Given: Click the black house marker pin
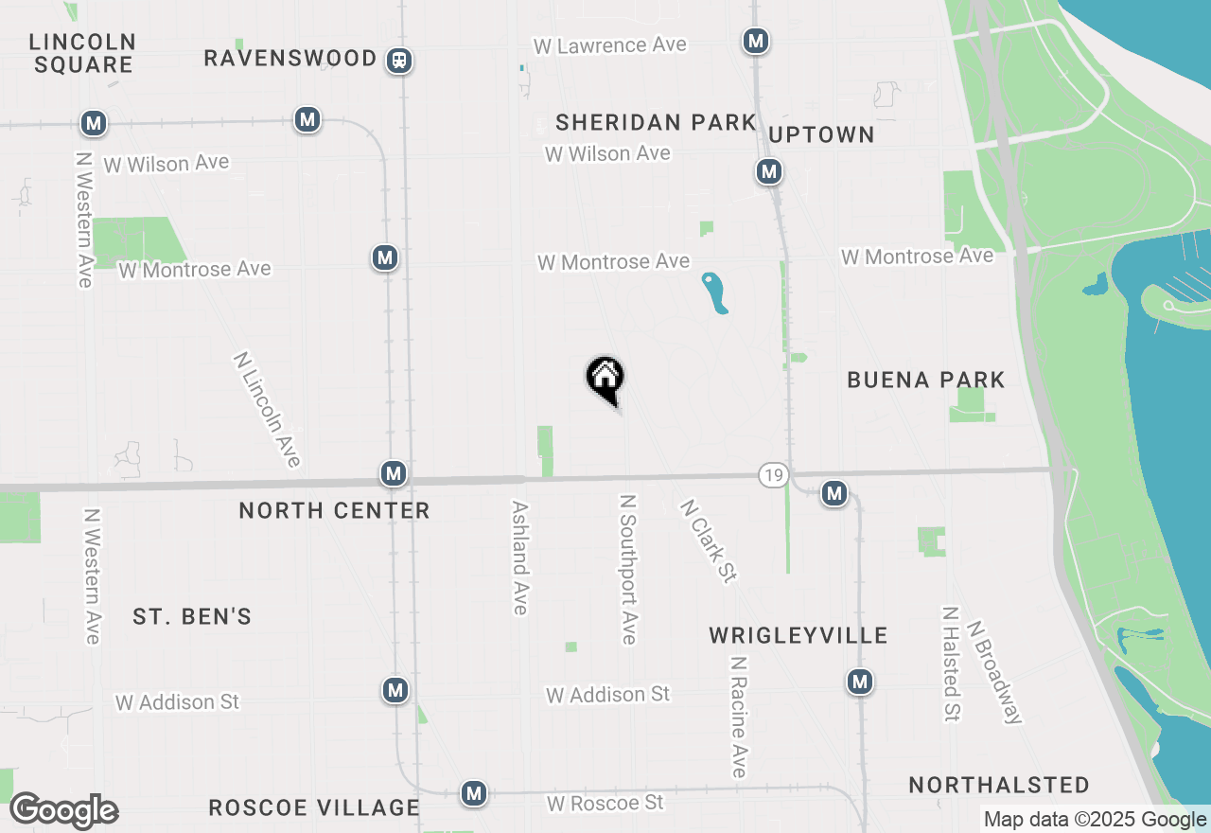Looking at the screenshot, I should click(605, 380).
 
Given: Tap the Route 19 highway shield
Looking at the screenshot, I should click(773, 475).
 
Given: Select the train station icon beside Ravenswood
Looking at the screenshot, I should click(399, 61).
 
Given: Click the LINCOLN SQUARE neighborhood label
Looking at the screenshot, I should click(83, 54).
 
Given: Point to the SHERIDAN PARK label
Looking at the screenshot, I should click(656, 123).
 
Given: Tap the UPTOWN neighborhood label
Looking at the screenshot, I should click(821, 135).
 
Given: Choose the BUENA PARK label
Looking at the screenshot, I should click(925, 381).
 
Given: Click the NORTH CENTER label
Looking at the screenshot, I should click(334, 511).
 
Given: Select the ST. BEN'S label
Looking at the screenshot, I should click(192, 617).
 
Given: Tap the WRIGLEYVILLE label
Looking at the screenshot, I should click(798, 635).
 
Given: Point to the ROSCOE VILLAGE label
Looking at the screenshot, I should click(313, 807).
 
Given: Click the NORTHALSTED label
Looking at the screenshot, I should click(999, 786).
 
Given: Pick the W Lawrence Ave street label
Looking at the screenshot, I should click(609, 45).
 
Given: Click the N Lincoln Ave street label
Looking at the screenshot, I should click(268, 410).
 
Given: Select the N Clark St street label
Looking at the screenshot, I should click(708, 541).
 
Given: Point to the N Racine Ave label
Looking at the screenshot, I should click(738, 717).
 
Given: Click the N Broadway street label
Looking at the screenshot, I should click(995, 672).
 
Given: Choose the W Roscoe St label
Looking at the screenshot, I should click(605, 803).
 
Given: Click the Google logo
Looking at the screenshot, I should click(63, 811).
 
